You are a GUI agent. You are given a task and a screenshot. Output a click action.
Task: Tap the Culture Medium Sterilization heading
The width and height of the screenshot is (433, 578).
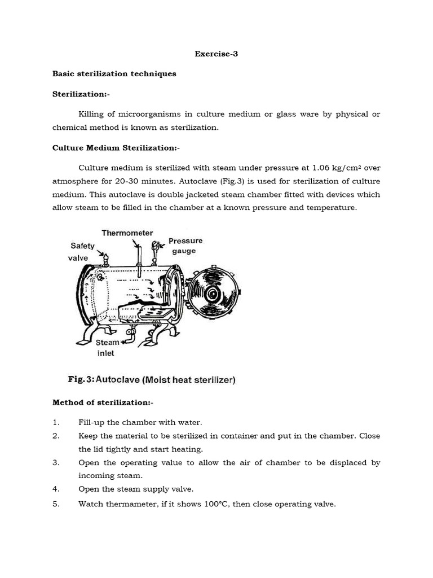pos(116,148)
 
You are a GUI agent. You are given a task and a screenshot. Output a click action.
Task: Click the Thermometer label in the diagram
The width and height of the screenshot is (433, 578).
pos(127,233)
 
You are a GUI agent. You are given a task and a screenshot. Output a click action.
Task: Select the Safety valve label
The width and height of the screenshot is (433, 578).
pos(83,251)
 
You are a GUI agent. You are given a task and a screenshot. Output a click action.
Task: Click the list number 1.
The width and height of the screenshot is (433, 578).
pos(55,422)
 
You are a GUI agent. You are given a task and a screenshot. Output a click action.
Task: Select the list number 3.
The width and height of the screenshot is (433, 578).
pos(55,462)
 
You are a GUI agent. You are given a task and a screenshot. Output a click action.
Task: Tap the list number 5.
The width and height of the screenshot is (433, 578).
pos(55,504)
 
